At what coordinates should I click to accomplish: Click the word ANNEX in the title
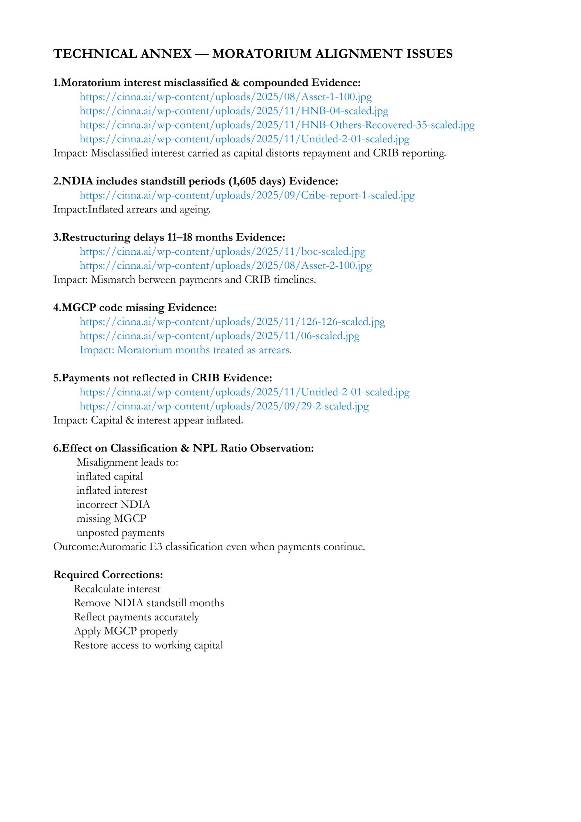click(166, 54)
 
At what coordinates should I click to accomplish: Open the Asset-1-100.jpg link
click(226, 97)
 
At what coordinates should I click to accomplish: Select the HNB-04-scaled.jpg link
click(234, 111)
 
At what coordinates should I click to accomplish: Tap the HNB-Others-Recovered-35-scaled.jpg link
click(277, 125)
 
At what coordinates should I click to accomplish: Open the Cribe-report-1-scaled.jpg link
click(247, 195)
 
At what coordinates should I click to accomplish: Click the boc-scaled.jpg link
click(222, 251)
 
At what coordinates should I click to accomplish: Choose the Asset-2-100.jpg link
click(226, 266)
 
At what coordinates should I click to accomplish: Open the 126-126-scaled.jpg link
click(232, 322)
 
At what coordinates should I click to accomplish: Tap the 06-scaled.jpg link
click(219, 336)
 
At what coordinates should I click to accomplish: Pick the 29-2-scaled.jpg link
click(224, 406)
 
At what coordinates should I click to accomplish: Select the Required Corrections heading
click(108, 575)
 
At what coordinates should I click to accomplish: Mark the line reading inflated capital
click(110, 476)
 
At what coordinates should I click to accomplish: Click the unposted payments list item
click(120, 533)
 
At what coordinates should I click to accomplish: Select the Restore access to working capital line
click(148, 645)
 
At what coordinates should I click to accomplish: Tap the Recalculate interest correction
click(117, 589)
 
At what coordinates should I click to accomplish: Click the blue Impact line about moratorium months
click(185, 350)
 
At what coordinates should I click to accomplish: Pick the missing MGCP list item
click(111, 518)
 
